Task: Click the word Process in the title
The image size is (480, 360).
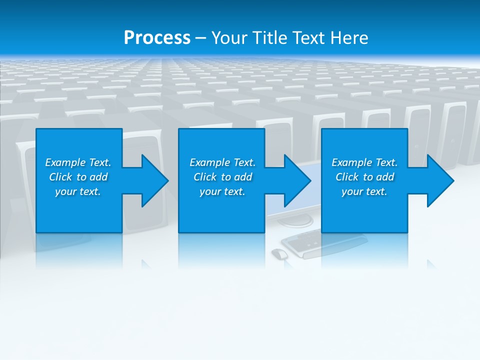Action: pos(157,38)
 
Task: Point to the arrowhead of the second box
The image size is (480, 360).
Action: pos(296,180)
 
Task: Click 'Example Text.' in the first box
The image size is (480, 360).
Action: pos(78,162)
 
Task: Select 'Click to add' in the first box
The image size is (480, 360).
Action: pos(78,177)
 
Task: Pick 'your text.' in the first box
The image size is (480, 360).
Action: pos(78,191)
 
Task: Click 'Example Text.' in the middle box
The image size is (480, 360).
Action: pos(222,162)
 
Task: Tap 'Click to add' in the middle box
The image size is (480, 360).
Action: pos(222,177)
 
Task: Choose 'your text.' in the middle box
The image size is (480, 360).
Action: pos(222,191)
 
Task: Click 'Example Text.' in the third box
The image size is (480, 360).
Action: pos(364,162)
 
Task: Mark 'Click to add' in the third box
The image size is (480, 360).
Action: pos(364,177)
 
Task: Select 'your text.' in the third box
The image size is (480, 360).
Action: pos(364,191)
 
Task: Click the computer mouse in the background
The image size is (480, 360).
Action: pos(279,253)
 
